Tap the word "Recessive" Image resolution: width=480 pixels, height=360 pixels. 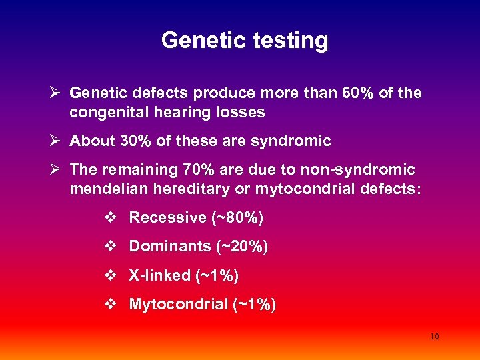coord(167,217)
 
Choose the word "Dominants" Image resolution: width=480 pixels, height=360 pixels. coord(169,247)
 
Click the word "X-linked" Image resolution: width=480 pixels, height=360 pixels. coord(158,275)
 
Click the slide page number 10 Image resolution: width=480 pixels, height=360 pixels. coord(434,337)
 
